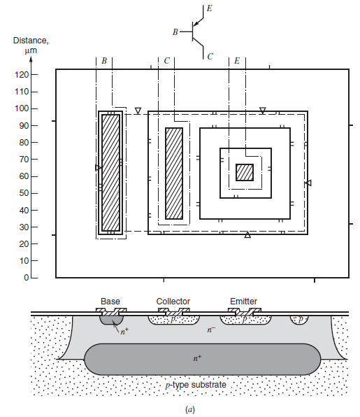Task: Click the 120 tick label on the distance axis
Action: (22, 76)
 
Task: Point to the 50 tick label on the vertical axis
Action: (24, 194)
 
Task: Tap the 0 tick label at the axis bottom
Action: (26, 278)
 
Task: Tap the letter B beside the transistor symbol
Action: (175, 32)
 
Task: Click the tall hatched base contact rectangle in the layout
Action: (110, 172)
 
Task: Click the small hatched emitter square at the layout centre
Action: (244, 172)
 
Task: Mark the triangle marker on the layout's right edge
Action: (308, 183)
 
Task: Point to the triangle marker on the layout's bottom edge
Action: (247, 235)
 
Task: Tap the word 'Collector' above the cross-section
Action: (173, 302)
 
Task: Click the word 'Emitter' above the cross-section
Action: (243, 302)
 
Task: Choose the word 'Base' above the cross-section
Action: (110, 302)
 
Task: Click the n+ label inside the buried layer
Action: (198, 358)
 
